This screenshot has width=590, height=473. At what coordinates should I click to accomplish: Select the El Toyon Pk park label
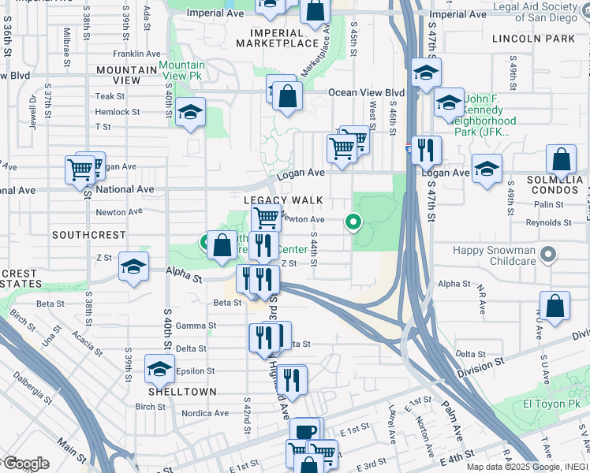click(557, 404)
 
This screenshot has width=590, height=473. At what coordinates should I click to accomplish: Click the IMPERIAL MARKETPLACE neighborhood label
click(286, 38)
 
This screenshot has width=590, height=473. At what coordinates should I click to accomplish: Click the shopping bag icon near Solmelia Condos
click(560, 160)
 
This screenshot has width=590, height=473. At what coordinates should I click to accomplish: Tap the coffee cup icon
click(305, 431)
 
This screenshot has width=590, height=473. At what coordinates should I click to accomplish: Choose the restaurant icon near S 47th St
click(426, 149)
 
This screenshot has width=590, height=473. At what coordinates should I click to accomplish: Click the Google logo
click(26, 463)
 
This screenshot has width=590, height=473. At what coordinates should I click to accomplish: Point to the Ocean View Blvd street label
click(366, 92)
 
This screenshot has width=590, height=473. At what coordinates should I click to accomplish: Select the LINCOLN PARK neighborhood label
click(533, 38)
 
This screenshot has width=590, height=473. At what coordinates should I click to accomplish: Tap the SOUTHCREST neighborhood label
click(89, 235)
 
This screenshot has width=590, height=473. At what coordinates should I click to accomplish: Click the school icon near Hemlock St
click(190, 112)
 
